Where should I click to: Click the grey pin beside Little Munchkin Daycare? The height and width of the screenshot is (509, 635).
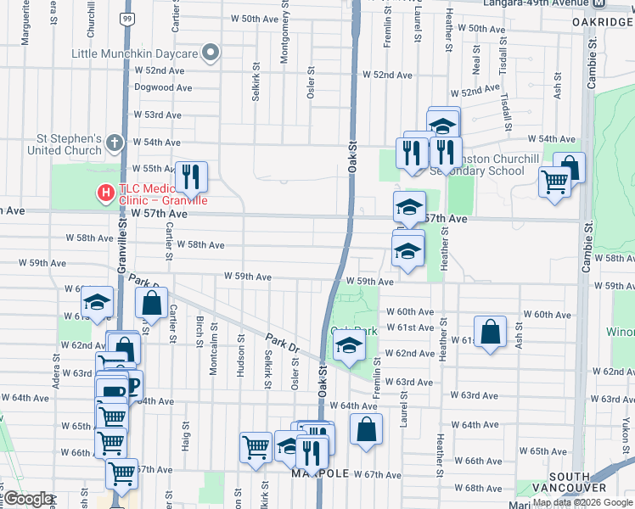coord(211,54)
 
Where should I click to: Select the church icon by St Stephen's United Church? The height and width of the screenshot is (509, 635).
coord(115,145)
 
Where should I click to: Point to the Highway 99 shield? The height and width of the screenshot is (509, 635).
coord(126,18)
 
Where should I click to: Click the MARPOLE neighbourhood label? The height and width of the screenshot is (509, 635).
coord(321,473)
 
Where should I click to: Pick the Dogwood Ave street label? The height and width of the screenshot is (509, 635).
coord(163,87)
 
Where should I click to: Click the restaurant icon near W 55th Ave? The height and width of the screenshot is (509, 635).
coord(191,176)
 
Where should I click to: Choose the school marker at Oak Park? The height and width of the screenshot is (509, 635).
coord(349,345)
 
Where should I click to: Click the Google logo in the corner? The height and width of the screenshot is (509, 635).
coord(28,499)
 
